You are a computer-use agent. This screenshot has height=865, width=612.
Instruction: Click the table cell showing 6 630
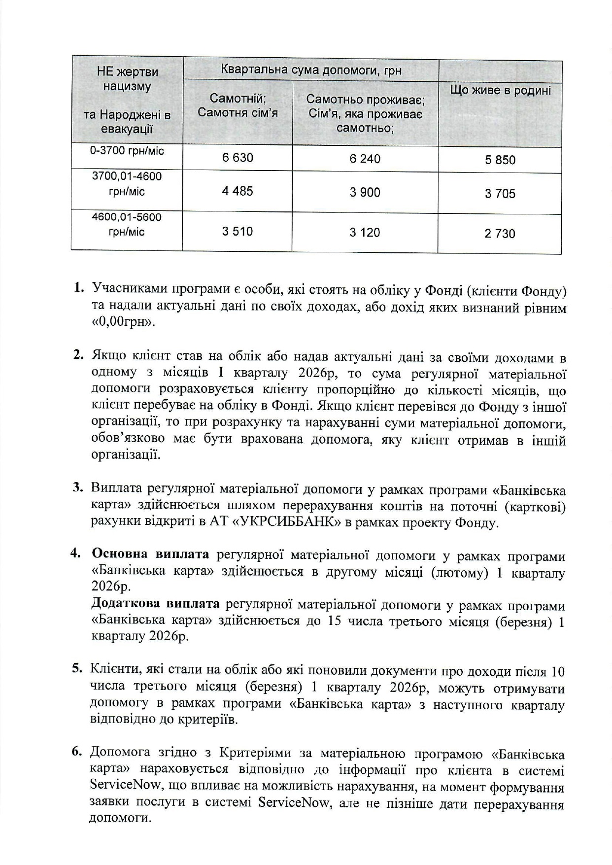tap(238, 158)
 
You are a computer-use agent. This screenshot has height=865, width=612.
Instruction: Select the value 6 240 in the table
tap(365, 159)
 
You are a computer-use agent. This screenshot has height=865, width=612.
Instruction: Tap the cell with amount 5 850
tap(500, 160)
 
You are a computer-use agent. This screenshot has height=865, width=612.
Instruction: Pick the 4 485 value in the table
tap(238, 191)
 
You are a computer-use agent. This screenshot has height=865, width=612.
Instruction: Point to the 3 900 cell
tap(365, 193)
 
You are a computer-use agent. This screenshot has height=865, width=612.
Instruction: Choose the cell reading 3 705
tap(500, 194)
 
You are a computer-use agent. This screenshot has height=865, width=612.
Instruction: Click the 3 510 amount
tap(238, 231)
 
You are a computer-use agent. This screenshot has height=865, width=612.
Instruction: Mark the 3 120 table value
tap(365, 233)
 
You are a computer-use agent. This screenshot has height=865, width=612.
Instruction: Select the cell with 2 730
tap(500, 234)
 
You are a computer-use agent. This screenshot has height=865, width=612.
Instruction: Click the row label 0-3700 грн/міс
tap(127, 151)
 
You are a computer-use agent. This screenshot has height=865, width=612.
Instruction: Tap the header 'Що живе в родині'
tap(500, 91)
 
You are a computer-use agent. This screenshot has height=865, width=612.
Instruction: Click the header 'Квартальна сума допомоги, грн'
tap(311, 70)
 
